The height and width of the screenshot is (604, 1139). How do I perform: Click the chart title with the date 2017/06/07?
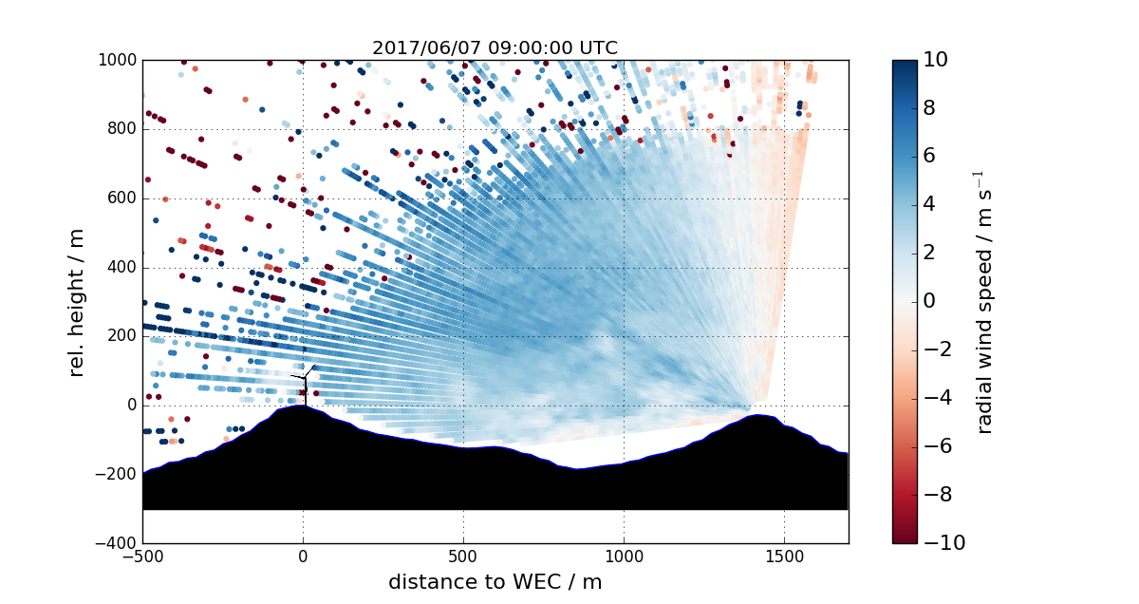[495, 47]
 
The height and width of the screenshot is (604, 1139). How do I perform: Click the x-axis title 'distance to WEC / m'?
[495, 581]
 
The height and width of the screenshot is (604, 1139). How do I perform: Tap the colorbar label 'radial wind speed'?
[984, 301]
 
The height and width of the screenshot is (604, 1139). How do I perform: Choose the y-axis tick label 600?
[122, 198]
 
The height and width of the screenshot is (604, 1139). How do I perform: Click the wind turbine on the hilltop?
[305, 384]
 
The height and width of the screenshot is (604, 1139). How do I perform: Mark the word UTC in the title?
[599, 47]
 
